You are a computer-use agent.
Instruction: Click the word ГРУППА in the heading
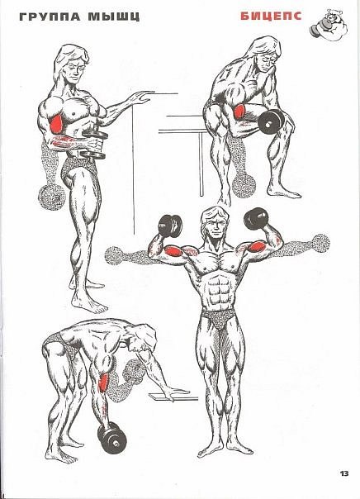[x=50, y=17]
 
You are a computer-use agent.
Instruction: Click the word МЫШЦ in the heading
[x=114, y=17]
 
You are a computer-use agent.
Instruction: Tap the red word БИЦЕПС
[x=271, y=17]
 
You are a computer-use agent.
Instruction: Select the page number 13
[x=344, y=473]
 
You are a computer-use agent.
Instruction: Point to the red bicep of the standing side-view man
[x=56, y=125]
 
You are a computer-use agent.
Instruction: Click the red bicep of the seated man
[x=239, y=112]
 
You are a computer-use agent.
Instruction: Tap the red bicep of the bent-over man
[x=102, y=383]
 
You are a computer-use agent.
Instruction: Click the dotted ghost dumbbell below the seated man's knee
[x=244, y=185]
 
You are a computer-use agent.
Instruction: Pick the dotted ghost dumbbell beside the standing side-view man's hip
[x=51, y=197]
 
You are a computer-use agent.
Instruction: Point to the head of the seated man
[x=264, y=55]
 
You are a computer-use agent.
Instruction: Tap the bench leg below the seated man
[x=201, y=164]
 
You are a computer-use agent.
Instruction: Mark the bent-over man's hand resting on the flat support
[x=176, y=392]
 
